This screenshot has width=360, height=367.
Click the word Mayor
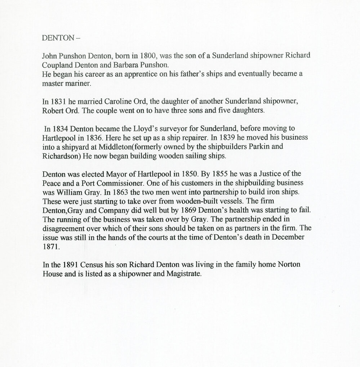click(111, 174)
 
